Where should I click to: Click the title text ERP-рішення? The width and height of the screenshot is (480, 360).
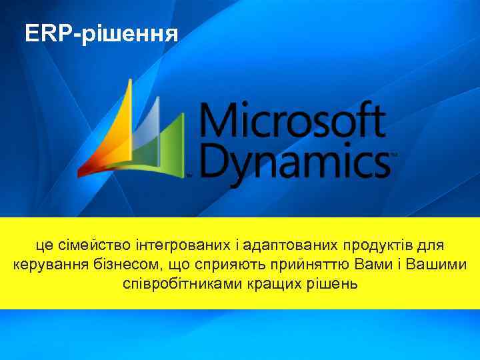(x=101, y=34)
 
